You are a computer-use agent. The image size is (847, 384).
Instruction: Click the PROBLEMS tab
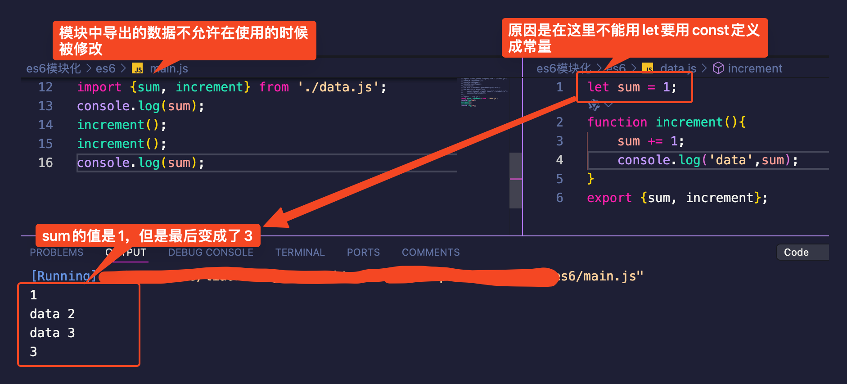pyautogui.click(x=56, y=253)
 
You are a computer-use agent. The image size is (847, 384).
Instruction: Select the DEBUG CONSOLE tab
pyautogui.click(x=211, y=253)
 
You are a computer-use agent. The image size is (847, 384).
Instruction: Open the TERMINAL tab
pyautogui.click(x=300, y=253)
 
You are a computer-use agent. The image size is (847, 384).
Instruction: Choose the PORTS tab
pyautogui.click(x=363, y=253)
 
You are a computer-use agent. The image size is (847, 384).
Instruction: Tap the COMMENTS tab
pyautogui.click(x=431, y=253)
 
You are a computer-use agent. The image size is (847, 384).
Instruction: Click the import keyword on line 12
pyautogui.click(x=99, y=87)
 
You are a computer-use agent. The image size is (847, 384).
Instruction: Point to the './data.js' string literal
pyautogui.click(x=338, y=87)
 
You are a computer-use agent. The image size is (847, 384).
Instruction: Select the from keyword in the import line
pyautogui.click(x=274, y=87)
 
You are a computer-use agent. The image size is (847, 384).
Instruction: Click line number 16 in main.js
pyautogui.click(x=45, y=163)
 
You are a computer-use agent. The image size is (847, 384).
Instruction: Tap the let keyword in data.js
pyautogui.click(x=598, y=87)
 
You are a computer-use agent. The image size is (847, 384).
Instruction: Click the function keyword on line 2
pyautogui.click(x=617, y=122)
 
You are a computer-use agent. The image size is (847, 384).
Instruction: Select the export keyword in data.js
pyautogui.click(x=609, y=198)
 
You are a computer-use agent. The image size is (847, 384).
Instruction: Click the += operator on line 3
pyautogui.click(x=655, y=141)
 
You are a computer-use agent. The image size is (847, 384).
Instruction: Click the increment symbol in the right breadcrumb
pyautogui.click(x=755, y=68)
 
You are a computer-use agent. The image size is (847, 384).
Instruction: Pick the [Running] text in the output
pyautogui.click(x=63, y=276)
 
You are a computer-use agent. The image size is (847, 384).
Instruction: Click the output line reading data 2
pyautogui.click(x=52, y=314)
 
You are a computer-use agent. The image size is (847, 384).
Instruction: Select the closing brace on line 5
pyautogui.click(x=591, y=179)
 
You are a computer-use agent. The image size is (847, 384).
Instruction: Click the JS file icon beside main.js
pyautogui.click(x=137, y=68)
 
